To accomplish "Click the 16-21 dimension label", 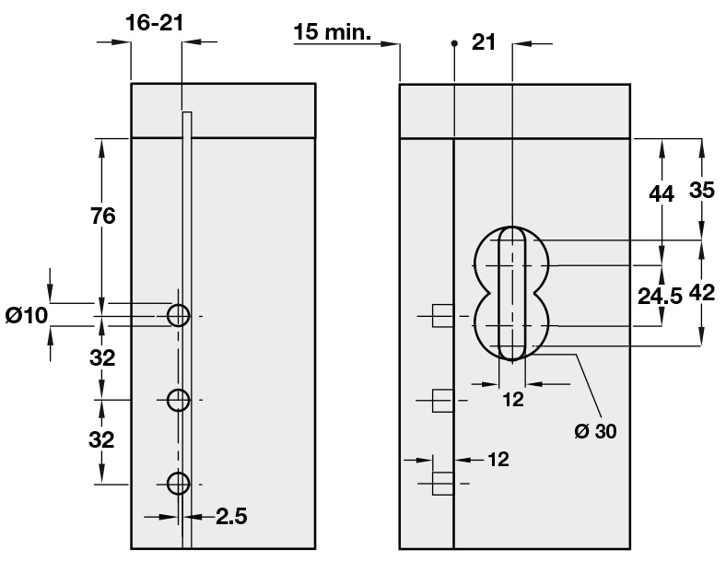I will tap(155, 22).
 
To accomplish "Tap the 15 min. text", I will tap(332, 34).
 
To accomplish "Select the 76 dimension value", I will tap(102, 216).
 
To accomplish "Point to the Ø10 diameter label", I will tap(26, 315).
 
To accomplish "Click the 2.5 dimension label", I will tap(231, 517).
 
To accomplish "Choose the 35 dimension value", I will tap(702, 191).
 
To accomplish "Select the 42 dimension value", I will tap(702, 293).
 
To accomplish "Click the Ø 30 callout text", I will tap(594, 430).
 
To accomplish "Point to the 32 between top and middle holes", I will tap(102, 358).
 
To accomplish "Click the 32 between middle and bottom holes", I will tap(102, 439).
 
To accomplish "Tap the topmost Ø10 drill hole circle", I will tap(178, 316).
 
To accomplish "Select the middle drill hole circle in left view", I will tap(178, 400).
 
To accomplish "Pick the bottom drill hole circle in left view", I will tap(178, 483).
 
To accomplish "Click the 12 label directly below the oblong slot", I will tap(512, 399).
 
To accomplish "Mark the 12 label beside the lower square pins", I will tap(497, 458).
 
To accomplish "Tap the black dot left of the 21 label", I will tap(453, 42).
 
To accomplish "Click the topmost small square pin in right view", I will tap(443, 317).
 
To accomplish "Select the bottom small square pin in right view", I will tap(443, 484).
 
